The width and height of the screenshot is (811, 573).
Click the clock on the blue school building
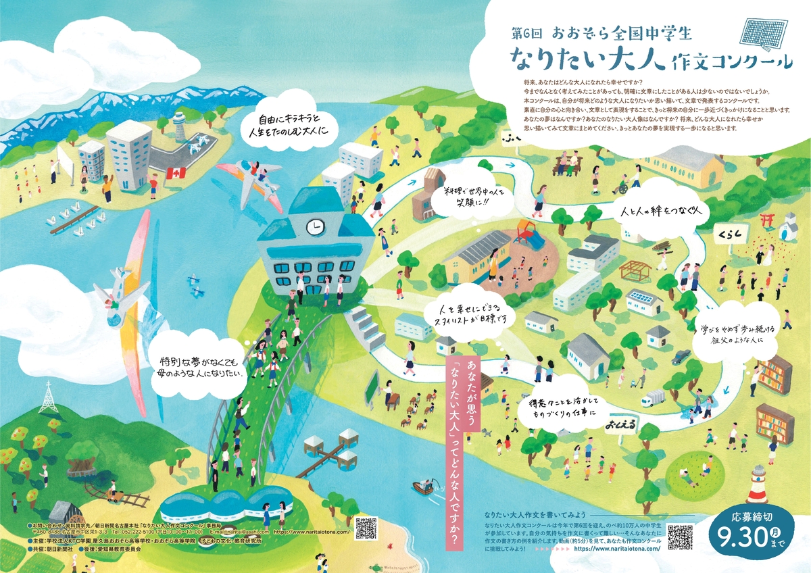[314, 227]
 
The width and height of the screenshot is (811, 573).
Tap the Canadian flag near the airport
[176, 174]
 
